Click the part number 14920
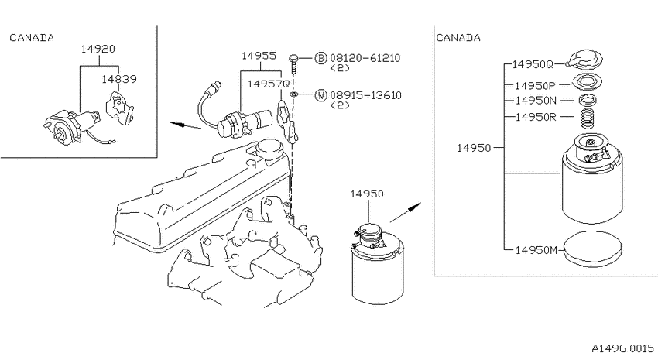click(x=98, y=49)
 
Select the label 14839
click(x=119, y=79)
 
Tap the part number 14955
click(x=259, y=56)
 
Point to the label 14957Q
click(x=269, y=84)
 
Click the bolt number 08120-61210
click(x=365, y=58)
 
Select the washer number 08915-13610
click(x=365, y=95)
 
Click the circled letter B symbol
click(x=320, y=58)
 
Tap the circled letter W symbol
click(x=320, y=95)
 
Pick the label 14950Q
click(x=533, y=64)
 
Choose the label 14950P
click(x=535, y=86)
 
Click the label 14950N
click(x=536, y=101)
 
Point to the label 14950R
click(x=536, y=117)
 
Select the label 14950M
click(x=536, y=250)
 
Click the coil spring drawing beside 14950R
click(x=589, y=118)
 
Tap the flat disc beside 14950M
click(x=592, y=250)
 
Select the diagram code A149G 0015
click(x=622, y=348)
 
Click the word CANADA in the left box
click(x=32, y=38)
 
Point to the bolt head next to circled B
click(x=293, y=57)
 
